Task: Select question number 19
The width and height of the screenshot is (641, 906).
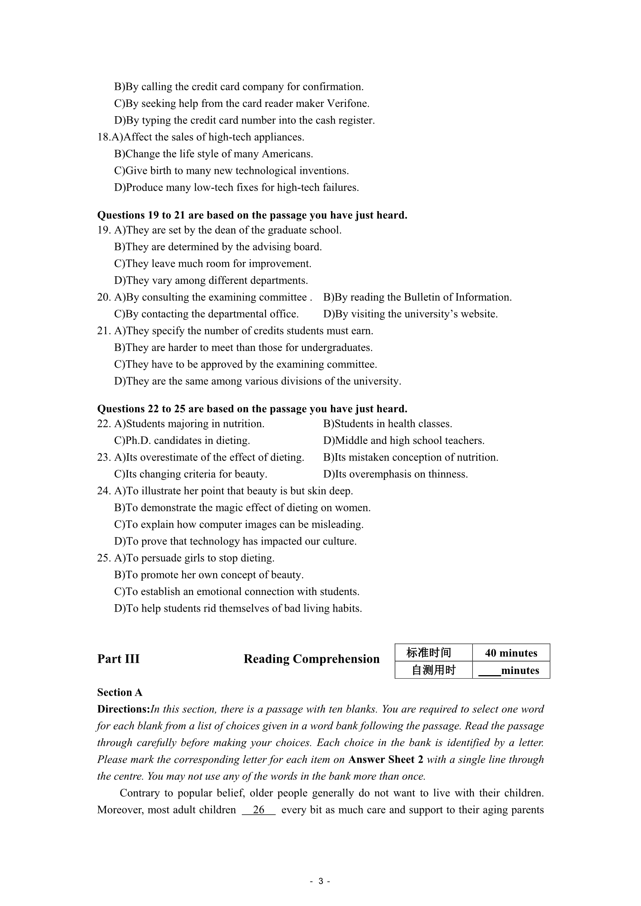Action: pos(103,230)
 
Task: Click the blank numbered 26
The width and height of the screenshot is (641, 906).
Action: pos(258,810)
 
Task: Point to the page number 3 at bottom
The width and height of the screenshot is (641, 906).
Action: pos(320,881)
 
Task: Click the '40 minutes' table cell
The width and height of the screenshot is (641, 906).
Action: pos(511,653)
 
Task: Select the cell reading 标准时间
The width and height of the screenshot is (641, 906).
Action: pos(429,653)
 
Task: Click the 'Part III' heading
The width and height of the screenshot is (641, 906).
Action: pos(119,659)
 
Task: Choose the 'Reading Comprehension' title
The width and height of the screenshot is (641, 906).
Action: pos(312,659)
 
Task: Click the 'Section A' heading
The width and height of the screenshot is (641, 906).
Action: pos(120,693)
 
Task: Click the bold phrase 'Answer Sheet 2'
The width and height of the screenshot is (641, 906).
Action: pos(386,760)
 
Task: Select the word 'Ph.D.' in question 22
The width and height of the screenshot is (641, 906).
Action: pos(137,440)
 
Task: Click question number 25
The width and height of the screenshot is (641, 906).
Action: pos(103,558)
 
